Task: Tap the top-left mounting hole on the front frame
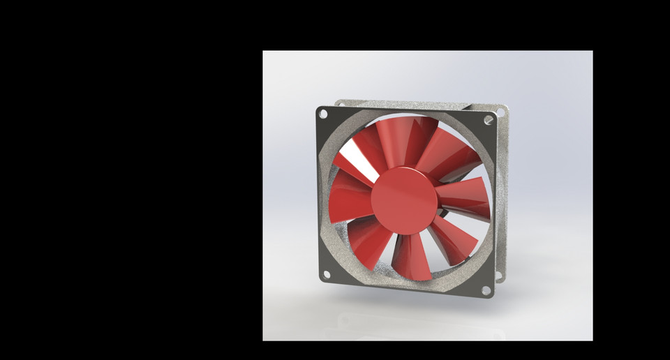[x=322, y=114]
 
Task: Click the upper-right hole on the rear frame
[x=500, y=110]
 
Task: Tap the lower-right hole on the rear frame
[x=499, y=276]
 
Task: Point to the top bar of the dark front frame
[x=405, y=112]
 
